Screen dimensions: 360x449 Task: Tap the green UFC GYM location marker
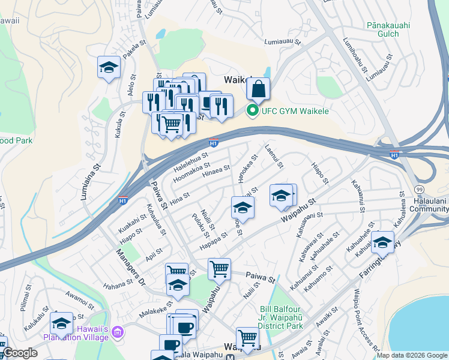pos(252,110)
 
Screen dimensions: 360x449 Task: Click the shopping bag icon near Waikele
pos(258,89)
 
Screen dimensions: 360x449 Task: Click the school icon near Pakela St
pos(109,68)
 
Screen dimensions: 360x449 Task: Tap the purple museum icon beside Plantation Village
pos(116,332)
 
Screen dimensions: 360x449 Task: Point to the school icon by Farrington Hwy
pos(382,243)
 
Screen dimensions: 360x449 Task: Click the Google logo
pos(20,353)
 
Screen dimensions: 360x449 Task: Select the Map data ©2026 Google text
pos(411,355)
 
